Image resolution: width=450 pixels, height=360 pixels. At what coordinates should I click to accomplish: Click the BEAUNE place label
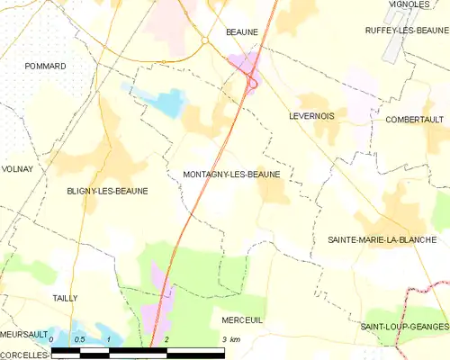[242, 31]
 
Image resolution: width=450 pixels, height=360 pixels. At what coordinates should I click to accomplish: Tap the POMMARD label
[46, 67]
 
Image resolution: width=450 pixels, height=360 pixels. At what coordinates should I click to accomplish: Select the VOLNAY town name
[18, 168]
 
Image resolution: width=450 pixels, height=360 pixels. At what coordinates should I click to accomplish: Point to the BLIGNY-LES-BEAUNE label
[107, 191]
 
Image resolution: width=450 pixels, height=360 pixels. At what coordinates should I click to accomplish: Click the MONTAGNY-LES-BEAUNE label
[231, 174]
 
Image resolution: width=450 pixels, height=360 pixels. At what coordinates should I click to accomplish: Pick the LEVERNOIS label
[312, 116]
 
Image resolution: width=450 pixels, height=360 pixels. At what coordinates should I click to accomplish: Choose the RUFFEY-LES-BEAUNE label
[400, 30]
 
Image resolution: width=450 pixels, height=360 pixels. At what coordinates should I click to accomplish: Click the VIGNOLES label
[409, 4]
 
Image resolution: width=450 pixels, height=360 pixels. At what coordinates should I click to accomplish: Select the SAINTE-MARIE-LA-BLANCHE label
[382, 239]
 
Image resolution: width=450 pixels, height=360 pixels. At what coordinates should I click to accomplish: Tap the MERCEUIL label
[241, 319]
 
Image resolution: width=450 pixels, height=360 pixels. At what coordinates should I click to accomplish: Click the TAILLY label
[65, 298]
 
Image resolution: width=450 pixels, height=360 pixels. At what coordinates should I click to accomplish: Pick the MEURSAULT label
[23, 333]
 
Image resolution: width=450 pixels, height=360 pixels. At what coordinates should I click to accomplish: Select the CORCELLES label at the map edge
[22, 354]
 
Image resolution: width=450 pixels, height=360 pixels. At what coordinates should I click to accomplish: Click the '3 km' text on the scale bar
[231, 339]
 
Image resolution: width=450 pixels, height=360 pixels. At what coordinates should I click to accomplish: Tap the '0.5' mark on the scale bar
[79, 339]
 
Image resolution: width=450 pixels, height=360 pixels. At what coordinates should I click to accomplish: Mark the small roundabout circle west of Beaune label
[204, 40]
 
